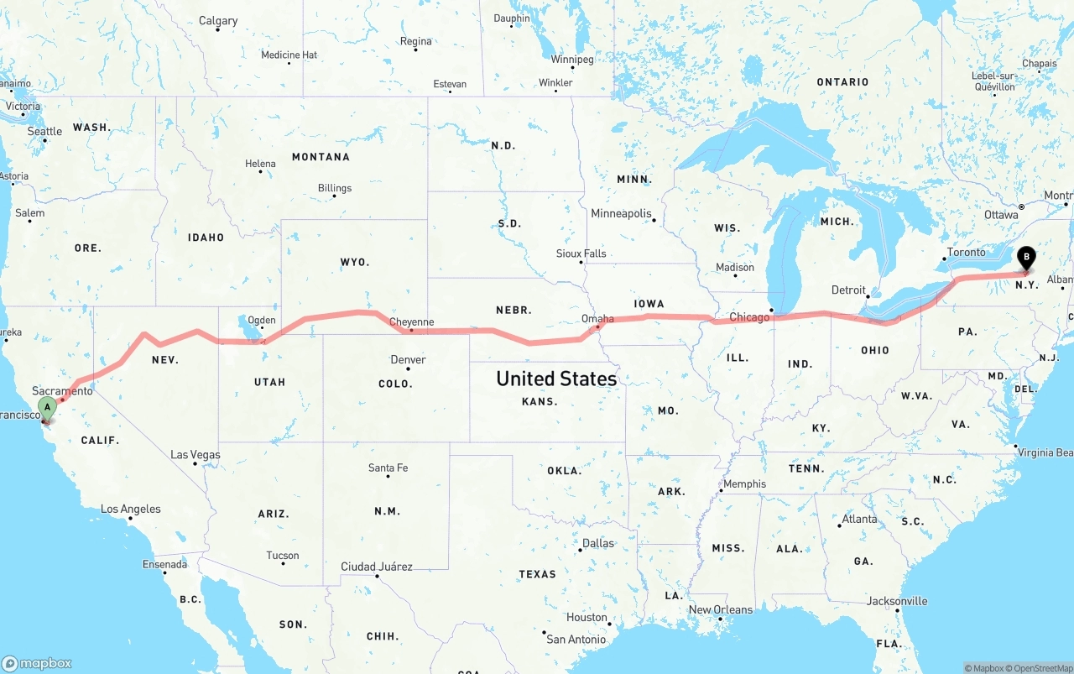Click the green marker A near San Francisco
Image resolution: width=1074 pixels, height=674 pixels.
pos(47,409)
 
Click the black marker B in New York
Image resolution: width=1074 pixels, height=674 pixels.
pos(1026,259)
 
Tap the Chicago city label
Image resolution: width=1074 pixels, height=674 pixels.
pos(749,317)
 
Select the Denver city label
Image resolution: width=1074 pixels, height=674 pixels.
pos(408,360)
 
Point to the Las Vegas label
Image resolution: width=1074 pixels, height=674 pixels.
pos(196,455)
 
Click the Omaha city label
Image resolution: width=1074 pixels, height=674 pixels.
pos(597,319)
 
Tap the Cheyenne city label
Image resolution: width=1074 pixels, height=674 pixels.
pos(412,322)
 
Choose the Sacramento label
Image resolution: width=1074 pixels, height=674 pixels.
pos(62,391)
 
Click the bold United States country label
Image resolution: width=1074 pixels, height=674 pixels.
pos(556,379)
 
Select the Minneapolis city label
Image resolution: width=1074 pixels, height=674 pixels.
pos(621,214)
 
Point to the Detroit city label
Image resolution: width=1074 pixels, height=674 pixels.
pos(848,290)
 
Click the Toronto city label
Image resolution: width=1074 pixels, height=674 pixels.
pos(966,253)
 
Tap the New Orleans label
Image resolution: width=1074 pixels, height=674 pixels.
pos(721,609)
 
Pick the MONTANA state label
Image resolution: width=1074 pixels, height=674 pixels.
pos(321,157)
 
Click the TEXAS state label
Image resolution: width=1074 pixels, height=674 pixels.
pos(537,574)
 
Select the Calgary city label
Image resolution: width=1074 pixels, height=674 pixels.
pos(218,21)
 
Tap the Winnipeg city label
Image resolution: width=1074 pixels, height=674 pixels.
pos(572,60)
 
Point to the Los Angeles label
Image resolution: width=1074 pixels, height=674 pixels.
pos(130,509)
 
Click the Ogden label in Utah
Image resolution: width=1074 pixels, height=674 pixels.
pos(261,320)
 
